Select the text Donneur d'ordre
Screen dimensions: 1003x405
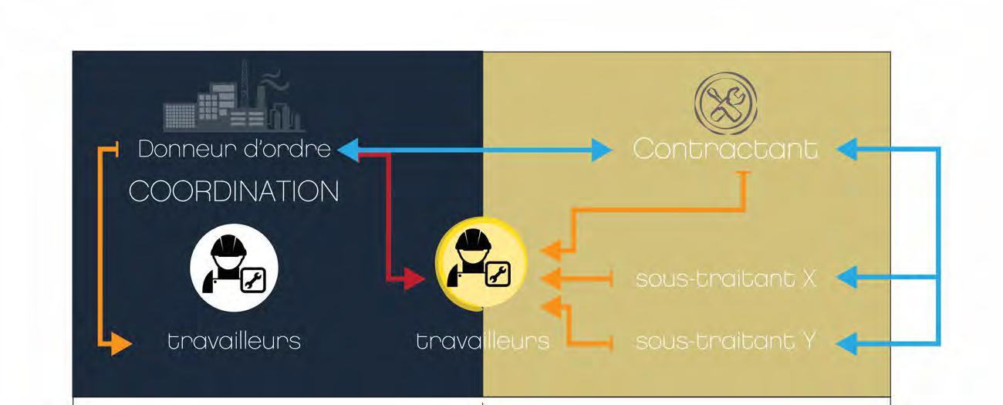[x=234, y=149]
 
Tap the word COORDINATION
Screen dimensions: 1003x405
[x=234, y=191]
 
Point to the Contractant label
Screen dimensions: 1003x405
[x=725, y=149]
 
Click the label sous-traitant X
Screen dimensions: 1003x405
[x=725, y=278]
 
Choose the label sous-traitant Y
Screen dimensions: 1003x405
[x=725, y=340]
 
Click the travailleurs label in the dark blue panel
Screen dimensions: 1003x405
[x=234, y=340]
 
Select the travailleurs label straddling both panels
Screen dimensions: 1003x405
[x=482, y=340]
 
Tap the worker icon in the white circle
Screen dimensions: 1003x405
[x=234, y=267]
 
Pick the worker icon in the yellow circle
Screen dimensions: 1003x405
[x=481, y=262]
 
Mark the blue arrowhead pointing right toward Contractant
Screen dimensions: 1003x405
[x=603, y=150]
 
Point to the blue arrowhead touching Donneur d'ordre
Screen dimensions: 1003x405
[x=348, y=150]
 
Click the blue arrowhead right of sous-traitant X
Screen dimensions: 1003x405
[x=846, y=278]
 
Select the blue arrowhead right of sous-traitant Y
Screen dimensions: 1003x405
[x=846, y=343]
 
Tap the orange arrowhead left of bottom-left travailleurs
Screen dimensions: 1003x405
[x=120, y=343]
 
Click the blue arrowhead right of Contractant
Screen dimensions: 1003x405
[x=846, y=150]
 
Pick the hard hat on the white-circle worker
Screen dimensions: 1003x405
[x=229, y=245]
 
